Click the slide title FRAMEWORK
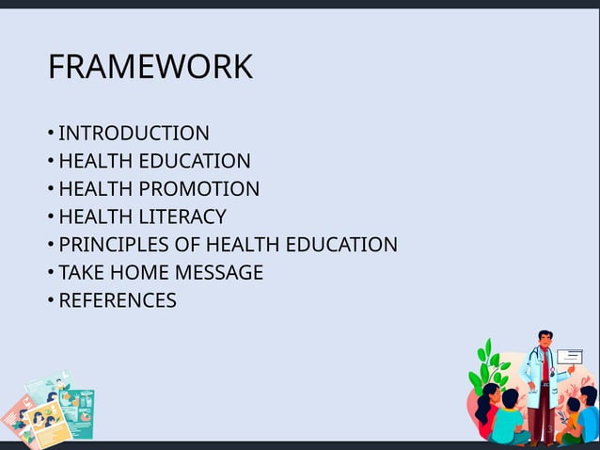150,68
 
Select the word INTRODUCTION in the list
134,134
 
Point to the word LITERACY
182,217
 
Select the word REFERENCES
118,301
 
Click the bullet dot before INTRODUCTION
50,134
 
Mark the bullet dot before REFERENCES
50,301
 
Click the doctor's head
545,340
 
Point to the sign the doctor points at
570,356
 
